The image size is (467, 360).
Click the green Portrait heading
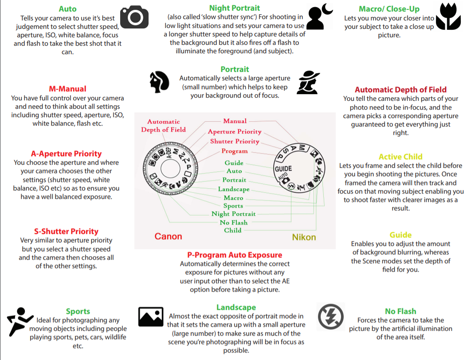click(x=235, y=69)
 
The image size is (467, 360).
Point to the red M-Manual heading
click(x=67, y=89)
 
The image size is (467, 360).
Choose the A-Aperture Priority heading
click(x=66, y=154)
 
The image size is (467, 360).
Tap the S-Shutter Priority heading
click(x=66, y=231)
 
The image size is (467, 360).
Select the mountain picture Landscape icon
click(x=151, y=317)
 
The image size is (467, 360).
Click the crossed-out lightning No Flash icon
click(x=331, y=316)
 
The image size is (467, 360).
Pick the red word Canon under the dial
click(x=168, y=236)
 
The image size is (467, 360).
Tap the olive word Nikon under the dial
click(x=304, y=237)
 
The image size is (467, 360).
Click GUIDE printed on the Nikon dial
click(x=283, y=169)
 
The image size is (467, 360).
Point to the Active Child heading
click(x=400, y=157)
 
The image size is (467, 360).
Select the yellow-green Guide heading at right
click(x=400, y=235)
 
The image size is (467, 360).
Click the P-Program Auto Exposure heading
click(x=234, y=255)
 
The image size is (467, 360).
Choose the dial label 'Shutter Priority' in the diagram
click(x=235, y=142)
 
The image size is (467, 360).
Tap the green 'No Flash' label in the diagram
click(x=233, y=222)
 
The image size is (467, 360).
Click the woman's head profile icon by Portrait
click(x=159, y=82)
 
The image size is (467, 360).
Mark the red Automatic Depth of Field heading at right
click(x=400, y=90)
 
